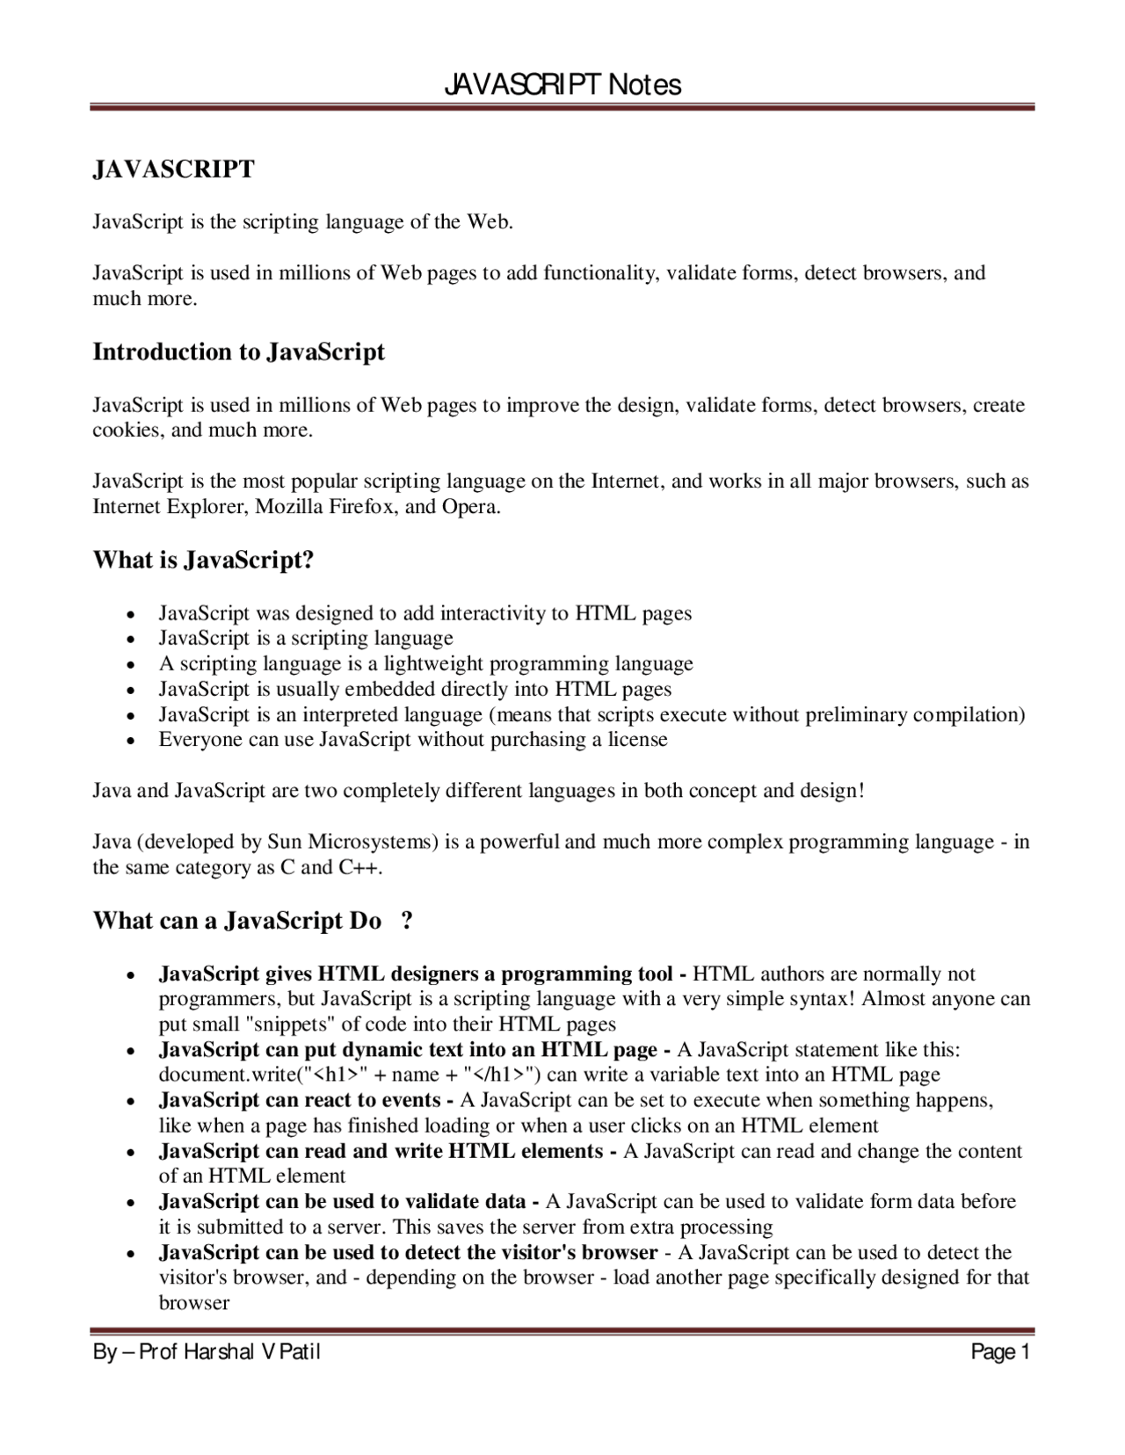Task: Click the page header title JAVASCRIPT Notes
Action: click(562, 84)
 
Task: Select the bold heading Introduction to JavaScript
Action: click(238, 352)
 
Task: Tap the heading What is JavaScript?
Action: click(203, 560)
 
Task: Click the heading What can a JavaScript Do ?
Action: click(253, 921)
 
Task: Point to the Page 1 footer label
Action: click(999, 1352)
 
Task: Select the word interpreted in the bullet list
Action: click(429, 714)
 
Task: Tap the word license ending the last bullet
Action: click(637, 740)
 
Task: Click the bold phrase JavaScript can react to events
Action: click(300, 1100)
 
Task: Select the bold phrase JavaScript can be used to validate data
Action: click(343, 1201)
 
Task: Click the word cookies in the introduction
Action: click(126, 431)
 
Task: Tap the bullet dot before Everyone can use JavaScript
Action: click(130, 742)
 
